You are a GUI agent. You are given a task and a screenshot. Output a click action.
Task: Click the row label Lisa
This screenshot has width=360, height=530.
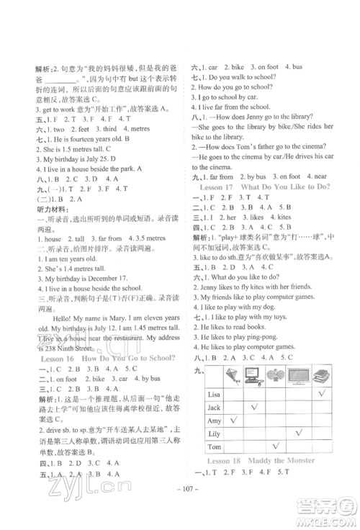pyautogui.click(x=213, y=395)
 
